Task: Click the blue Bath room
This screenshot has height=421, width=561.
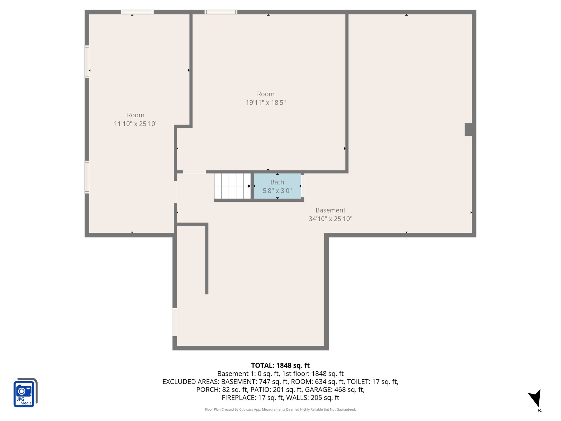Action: coord(277,186)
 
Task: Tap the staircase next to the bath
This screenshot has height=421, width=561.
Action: coord(232,186)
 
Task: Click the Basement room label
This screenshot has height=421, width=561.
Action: coord(330,210)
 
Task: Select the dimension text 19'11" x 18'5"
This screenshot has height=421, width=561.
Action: coord(265,103)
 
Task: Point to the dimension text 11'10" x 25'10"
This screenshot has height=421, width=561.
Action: coord(136,124)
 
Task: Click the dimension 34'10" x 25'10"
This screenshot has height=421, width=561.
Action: coord(330,219)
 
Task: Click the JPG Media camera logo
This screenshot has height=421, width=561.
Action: coord(25,392)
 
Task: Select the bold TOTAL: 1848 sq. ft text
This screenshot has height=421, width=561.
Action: coord(280,365)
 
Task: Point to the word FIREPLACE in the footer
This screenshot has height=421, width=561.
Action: coord(239,397)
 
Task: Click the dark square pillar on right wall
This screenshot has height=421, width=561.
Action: coord(468,129)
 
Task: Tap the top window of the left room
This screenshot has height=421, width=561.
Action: coord(138,12)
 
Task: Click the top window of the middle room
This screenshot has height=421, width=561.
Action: coord(221,12)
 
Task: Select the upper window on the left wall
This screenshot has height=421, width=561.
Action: coord(87,62)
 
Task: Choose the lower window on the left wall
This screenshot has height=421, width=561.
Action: coord(87,177)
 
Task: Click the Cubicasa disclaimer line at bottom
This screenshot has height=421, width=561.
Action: coord(280,409)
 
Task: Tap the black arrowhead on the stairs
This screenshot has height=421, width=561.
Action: coord(249,186)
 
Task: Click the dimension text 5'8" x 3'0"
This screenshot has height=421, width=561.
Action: coord(277,190)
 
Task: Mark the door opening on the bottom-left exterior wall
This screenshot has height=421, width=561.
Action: coord(174,322)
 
